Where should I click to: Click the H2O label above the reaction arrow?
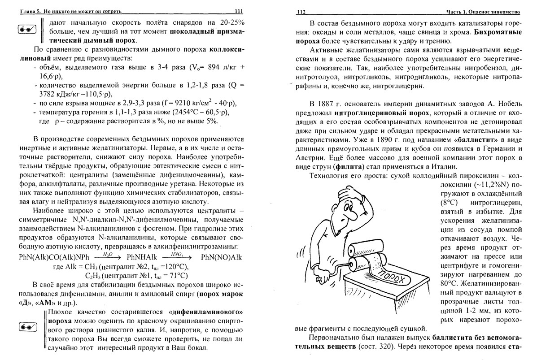pyautogui.click(x=107, y=254)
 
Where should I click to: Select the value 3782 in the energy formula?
pyautogui.click(x=48, y=95)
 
